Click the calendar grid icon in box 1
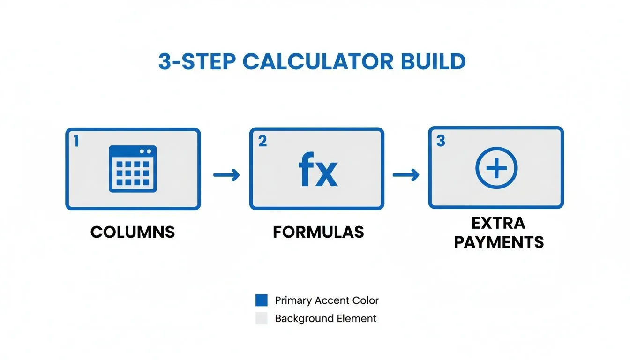tap(133, 169)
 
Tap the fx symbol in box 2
tap(318, 172)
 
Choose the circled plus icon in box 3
tap(496, 168)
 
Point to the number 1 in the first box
tap(76, 141)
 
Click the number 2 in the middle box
tap(262, 141)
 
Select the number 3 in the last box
tap(441, 141)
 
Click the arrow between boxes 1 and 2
tap(226, 175)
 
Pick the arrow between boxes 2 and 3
tap(406, 175)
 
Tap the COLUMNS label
tap(133, 232)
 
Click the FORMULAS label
tap(318, 232)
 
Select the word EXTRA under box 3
tap(499, 223)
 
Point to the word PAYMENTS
tap(499, 242)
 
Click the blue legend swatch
tap(261, 300)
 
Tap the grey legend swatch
tap(261, 319)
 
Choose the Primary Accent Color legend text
tap(327, 300)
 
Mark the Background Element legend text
tap(326, 319)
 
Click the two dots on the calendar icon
tap(145, 151)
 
